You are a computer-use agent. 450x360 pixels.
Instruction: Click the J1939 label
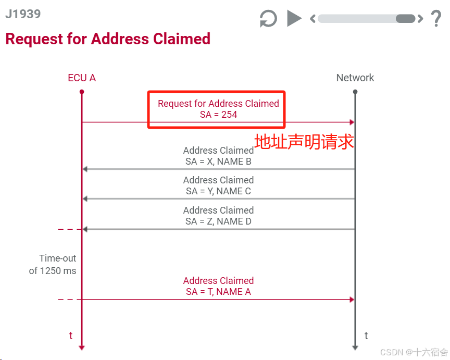tap(23, 14)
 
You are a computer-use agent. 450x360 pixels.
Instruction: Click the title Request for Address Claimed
tap(108, 39)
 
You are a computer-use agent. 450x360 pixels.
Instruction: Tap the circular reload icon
tap(268, 19)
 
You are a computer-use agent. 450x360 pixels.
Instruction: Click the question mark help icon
tap(436, 19)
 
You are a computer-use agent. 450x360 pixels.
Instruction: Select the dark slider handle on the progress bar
tap(405, 19)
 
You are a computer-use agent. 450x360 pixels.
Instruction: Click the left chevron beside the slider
tap(313, 19)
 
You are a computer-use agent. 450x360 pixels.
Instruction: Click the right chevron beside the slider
tap(420, 19)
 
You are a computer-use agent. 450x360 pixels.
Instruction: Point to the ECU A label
tap(82, 78)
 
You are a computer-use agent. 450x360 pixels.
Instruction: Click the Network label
tap(355, 78)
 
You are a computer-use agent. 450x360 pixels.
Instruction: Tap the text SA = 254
tap(218, 115)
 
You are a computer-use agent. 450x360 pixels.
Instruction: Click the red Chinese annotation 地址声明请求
tap(304, 142)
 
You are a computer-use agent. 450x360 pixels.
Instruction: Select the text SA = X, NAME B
tap(218, 162)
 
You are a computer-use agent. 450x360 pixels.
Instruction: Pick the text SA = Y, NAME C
tap(218, 191)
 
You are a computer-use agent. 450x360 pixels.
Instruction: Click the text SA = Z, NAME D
tap(218, 221)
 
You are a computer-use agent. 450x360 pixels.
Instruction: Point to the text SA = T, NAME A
tap(218, 292)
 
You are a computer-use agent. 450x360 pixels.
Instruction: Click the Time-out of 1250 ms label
tap(53, 264)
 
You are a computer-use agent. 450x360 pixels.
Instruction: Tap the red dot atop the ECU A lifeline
tap(82, 92)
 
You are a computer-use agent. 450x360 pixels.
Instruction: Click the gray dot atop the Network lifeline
tap(355, 92)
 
